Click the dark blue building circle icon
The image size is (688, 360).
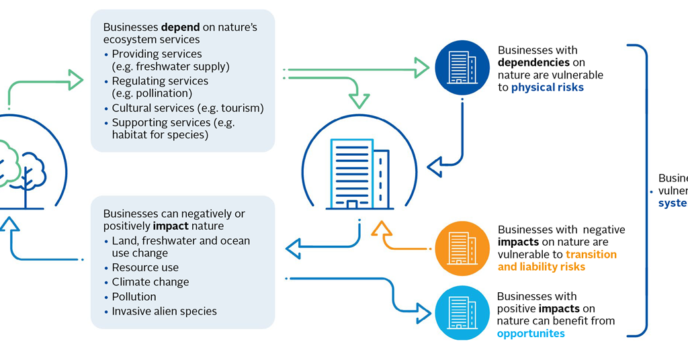pos(462,67)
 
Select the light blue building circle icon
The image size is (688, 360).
pos(462,312)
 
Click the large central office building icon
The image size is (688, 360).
pos(359,173)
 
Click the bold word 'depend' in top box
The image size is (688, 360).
pos(181,28)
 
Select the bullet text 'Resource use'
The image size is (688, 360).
pos(145,267)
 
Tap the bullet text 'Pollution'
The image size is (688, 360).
pos(134,296)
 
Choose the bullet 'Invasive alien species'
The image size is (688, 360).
pos(164,311)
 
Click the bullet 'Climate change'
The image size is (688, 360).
pos(150,282)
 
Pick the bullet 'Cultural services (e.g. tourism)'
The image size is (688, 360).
pos(187,108)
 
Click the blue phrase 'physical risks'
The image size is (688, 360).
pos(548,87)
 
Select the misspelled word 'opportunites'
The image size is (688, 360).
pos(531,333)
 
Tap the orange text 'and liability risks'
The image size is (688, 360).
pos(541,267)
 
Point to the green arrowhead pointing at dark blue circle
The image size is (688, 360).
pos(421,68)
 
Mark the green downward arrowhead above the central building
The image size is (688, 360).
pos(359,101)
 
